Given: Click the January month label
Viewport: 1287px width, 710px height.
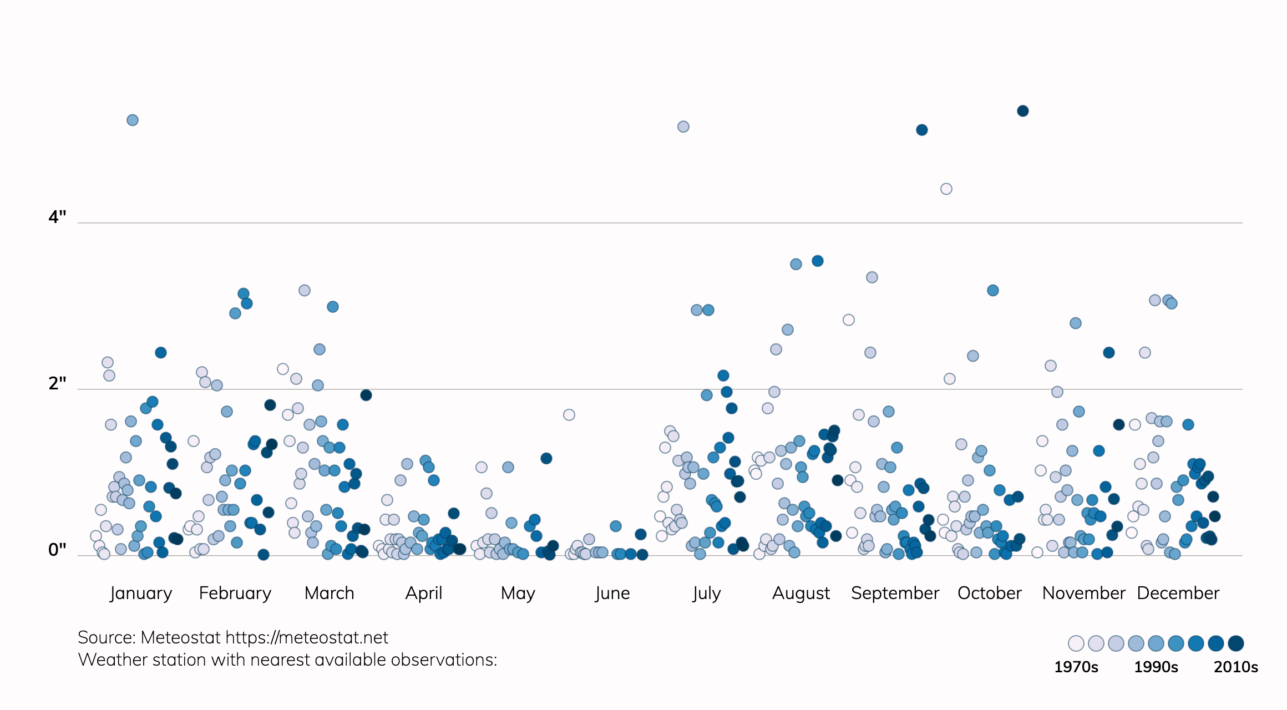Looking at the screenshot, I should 141,593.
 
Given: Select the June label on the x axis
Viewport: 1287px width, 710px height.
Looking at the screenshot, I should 612,593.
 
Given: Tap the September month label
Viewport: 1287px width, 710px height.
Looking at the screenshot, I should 895,593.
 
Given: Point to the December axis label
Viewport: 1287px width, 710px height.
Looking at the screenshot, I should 1178,593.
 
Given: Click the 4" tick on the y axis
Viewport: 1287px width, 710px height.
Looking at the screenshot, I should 57,217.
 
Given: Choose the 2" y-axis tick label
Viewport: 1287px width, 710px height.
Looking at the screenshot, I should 57,383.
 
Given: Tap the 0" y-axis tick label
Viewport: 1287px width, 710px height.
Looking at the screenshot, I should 57,550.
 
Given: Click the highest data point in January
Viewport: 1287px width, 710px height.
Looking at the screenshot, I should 133,120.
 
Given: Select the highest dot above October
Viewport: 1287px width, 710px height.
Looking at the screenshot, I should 1023,111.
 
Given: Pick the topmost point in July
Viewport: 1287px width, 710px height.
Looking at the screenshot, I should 683,127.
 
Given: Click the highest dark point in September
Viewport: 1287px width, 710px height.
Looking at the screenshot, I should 922,130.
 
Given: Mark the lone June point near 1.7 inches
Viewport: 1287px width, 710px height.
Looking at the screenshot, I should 569,415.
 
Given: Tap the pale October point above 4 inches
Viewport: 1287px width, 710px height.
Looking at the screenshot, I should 946,189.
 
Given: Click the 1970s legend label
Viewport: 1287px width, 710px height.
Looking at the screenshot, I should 1076,667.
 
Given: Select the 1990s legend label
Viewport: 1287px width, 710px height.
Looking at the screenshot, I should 1156,667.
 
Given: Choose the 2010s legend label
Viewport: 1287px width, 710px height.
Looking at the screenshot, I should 1236,667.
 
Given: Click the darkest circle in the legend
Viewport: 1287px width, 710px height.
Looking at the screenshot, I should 1236,643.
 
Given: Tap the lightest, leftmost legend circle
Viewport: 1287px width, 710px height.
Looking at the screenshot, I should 1076,643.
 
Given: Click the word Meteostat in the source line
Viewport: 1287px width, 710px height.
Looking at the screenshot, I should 181,638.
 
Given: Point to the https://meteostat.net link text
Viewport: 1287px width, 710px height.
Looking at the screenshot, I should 307,638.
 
